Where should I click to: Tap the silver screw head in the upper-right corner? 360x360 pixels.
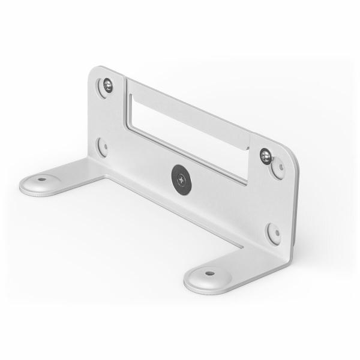(266, 156)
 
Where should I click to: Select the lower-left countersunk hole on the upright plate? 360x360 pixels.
(103, 146)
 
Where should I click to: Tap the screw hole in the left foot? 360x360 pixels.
(41, 179)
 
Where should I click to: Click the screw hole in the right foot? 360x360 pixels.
(209, 273)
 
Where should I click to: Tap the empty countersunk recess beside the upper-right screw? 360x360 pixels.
(278, 169)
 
